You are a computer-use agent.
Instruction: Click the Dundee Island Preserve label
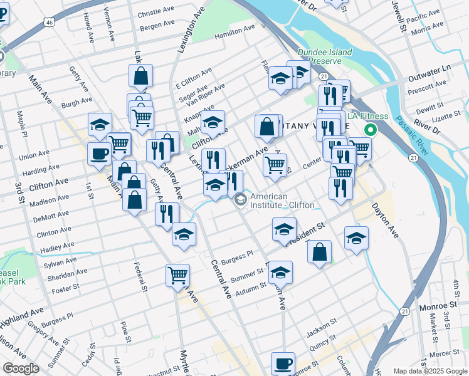tap(325, 57)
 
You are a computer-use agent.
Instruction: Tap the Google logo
tap(21, 368)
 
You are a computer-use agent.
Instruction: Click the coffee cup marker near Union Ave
tap(100, 154)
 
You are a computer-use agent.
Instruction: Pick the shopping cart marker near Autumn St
tap(178, 274)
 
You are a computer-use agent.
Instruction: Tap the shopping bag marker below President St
tap(320, 252)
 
